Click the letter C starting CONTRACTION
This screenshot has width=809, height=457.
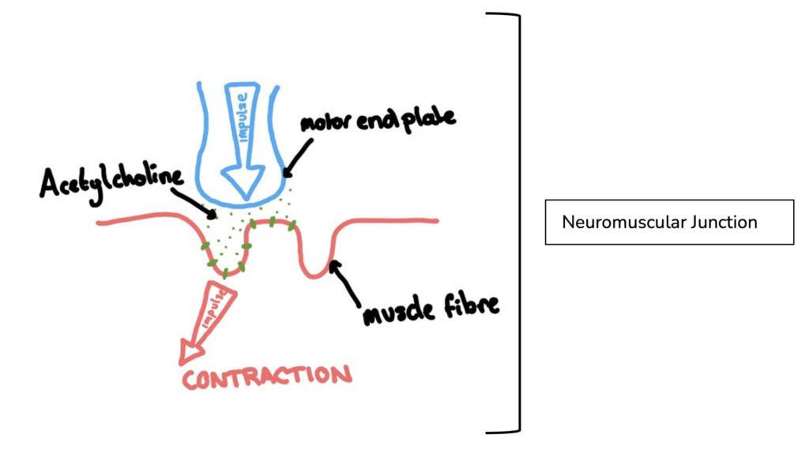(x=190, y=380)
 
